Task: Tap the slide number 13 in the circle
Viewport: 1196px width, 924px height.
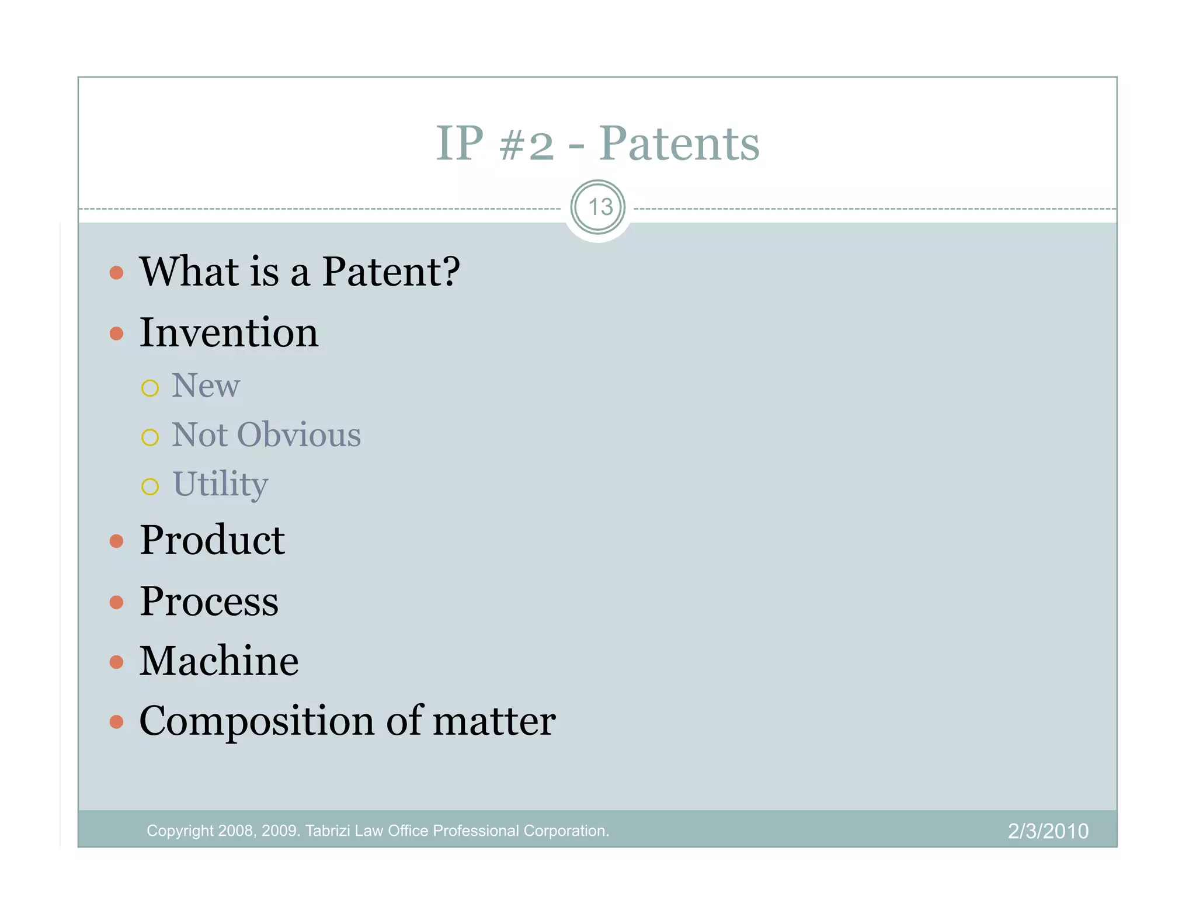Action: pos(599,207)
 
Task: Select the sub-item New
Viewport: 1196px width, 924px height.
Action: pos(205,386)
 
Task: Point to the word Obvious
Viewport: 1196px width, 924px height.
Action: pos(298,435)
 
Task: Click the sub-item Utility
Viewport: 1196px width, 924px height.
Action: pos(220,484)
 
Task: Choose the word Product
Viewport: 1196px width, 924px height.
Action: pos(211,540)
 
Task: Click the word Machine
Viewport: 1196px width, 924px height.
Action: pos(218,661)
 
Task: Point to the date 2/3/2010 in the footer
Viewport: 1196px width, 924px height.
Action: pos(1048,831)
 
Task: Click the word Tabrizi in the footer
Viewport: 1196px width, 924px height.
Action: pos(328,831)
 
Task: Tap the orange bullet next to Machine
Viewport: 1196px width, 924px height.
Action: pos(117,662)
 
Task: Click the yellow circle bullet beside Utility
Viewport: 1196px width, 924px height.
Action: pos(150,487)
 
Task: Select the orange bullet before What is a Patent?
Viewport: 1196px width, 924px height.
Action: pos(117,273)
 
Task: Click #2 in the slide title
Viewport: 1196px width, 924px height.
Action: pos(526,144)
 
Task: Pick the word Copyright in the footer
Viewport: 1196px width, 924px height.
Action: pos(180,831)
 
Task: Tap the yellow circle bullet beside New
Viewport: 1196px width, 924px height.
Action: pos(150,388)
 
